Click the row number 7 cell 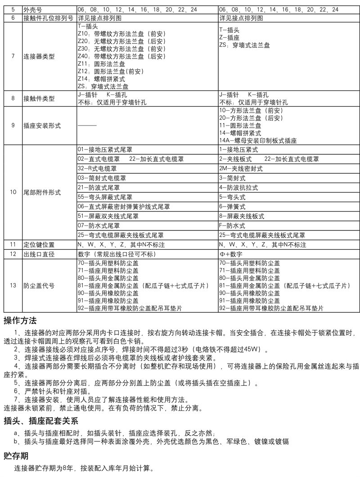click(13, 57)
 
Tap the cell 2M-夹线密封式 click(241, 168)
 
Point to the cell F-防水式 click(232, 225)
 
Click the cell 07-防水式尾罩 click(99, 225)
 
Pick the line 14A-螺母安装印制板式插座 click(258, 141)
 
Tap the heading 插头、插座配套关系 click(41, 421)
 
